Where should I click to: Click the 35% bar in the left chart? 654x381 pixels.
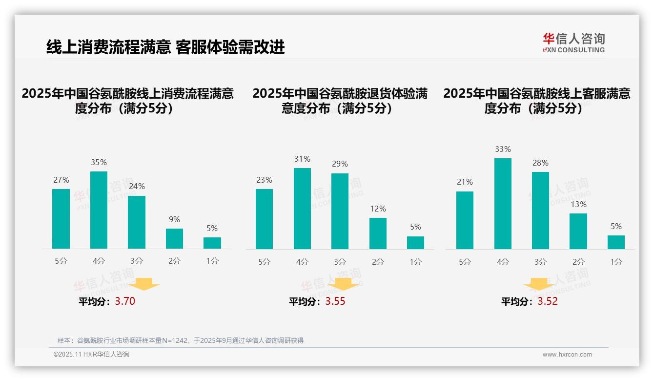tap(99, 210)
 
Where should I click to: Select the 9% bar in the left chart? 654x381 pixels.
tap(174, 239)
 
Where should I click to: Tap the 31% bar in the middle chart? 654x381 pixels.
tap(302, 209)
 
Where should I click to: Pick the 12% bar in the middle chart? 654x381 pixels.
tap(378, 233)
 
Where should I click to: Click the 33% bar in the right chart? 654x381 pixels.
tap(503, 204)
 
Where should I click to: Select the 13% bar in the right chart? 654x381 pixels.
tap(578, 231)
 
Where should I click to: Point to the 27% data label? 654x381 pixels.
tap(61, 180)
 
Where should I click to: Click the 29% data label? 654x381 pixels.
tap(340, 164)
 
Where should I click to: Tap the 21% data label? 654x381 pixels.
tap(465, 182)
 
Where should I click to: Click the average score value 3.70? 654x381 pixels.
tap(125, 301)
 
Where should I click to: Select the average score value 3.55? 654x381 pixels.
tap(335, 301)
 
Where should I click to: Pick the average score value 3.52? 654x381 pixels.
tap(548, 301)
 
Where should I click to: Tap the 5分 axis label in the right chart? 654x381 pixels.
tap(465, 262)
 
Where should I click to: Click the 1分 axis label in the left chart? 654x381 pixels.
tap(212, 261)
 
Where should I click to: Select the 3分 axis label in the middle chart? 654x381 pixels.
tap(340, 262)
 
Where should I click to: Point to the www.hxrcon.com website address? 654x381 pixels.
tap(567, 355)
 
